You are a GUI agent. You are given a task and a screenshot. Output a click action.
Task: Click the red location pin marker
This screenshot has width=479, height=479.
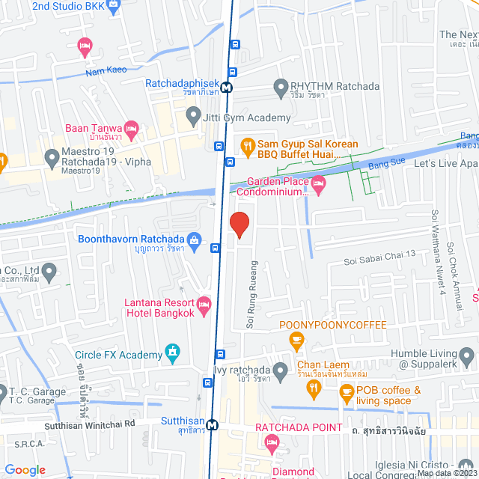pos(239,225)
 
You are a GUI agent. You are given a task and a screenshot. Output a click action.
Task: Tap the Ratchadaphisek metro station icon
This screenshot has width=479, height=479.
pos(226,86)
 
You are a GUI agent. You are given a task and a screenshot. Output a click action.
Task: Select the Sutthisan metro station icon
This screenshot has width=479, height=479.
pos(213,424)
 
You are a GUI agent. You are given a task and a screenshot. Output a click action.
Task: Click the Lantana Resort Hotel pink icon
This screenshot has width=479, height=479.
pos(204,304)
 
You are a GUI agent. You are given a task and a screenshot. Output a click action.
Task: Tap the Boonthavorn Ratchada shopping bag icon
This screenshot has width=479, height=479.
pos(195,240)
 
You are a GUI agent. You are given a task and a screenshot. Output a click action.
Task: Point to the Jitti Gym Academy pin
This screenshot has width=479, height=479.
pos(193,116)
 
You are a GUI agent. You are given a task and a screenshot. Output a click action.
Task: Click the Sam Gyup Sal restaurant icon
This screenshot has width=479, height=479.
pos(245,145)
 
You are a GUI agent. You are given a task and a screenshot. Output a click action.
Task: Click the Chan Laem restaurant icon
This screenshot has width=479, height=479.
pos(314,388)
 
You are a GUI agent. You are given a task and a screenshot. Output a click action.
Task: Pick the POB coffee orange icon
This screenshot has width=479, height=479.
pos(346,391)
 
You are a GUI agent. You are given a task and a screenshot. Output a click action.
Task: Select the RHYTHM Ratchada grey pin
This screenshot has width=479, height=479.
pos(281,86)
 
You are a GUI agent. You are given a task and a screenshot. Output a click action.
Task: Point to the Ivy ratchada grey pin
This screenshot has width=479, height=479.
pos(280,370)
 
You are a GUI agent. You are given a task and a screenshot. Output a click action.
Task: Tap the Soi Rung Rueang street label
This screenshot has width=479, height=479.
pos(251,295)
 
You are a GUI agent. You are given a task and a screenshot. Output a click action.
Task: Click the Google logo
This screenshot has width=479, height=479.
pos(25,469)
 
